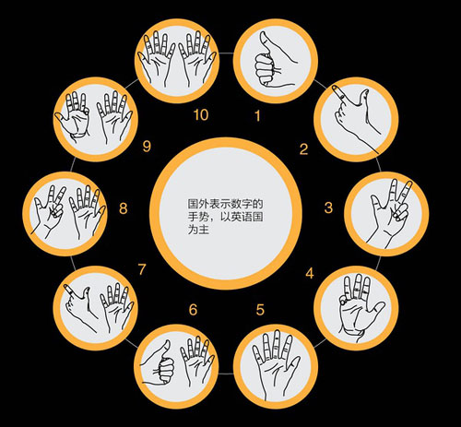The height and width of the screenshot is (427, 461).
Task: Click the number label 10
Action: (201, 115)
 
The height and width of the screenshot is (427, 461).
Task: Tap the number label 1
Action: (257, 116)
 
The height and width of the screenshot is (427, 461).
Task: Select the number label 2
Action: (303, 149)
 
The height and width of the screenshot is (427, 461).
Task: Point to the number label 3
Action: (328, 208)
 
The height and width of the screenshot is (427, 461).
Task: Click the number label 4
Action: (310, 273)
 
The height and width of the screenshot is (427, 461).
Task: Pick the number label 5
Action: (260, 310)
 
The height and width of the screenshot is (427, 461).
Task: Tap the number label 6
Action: (193, 310)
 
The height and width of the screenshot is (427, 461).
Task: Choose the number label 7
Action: (142, 269)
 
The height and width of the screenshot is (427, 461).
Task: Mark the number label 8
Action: (123, 208)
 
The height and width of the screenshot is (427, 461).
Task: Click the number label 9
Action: (147, 146)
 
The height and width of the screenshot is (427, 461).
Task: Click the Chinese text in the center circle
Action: (225, 217)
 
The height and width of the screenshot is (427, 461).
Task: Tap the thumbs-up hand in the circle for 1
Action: (274, 59)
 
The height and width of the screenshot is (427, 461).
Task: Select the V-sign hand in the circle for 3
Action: (390, 212)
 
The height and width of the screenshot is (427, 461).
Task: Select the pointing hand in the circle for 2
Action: (357, 118)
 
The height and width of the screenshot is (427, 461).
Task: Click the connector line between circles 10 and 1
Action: (227, 53)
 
